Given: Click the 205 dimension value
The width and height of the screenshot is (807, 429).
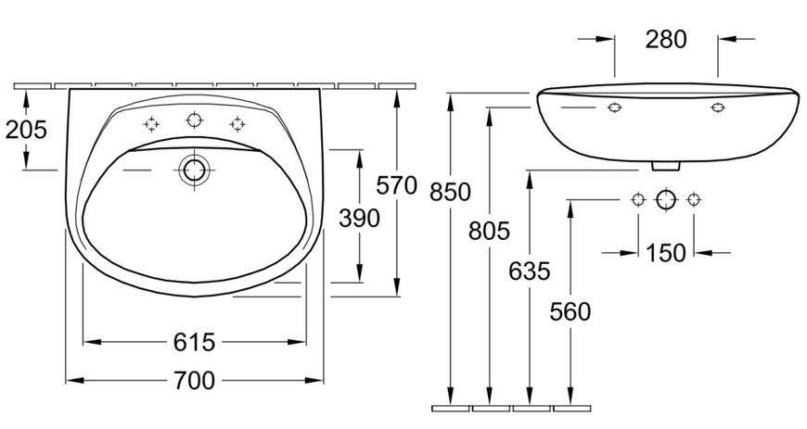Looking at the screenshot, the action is (x=26, y=130).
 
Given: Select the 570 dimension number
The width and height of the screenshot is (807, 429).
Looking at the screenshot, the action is (x=396, y=185).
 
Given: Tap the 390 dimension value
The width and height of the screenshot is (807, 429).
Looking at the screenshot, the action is (x=359, y=218).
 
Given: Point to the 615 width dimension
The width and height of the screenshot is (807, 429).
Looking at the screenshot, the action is (x=194, y=342).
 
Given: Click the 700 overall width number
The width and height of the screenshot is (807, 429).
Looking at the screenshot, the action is (x=194, y=381).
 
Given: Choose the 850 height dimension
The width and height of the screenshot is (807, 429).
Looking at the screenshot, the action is (x=450, y=193).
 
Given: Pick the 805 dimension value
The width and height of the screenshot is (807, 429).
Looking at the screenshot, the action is (x=489, y=231).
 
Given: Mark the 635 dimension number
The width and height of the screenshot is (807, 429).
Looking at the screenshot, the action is (x=530, y=271).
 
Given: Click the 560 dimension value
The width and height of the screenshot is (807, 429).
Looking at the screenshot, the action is (x=570, y=311).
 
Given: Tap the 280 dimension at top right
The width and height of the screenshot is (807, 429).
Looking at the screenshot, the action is (x=666, y=40).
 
